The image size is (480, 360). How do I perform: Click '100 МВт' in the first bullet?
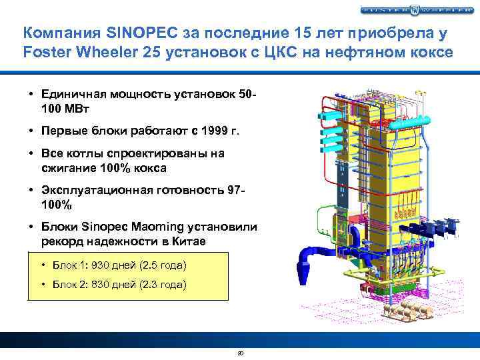(x=65, y=107)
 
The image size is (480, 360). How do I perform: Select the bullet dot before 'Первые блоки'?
(x=32, y=131)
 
